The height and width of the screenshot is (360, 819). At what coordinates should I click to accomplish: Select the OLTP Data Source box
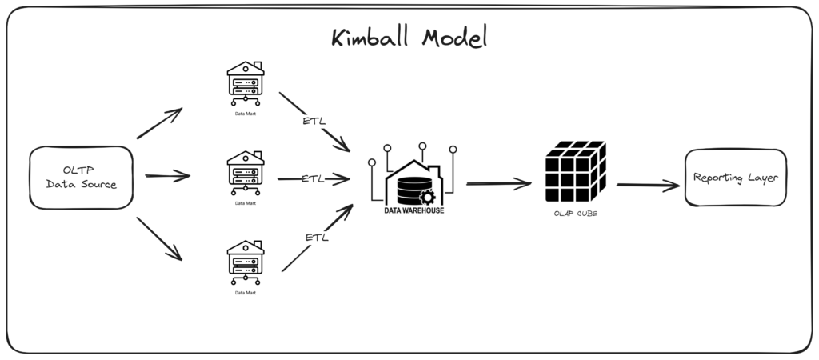click(x=81, y=177)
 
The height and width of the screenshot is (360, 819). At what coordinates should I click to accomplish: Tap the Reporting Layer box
click(x=735, y=178)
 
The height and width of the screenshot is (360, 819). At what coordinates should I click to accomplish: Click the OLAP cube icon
click(x=574, y=172)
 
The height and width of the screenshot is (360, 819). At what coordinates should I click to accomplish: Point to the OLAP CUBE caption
click(x=574, y=214)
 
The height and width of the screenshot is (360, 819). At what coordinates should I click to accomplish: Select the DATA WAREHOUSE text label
click(x=413, y=211)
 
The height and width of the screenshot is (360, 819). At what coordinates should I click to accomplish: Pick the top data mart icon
click(x=246, y=82)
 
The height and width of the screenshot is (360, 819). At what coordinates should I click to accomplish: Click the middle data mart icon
click(x=246, y=171)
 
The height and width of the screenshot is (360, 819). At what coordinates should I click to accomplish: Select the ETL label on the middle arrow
click(x=314, y=178)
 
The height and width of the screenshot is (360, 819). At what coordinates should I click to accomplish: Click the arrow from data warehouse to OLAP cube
click(x=498, y=184)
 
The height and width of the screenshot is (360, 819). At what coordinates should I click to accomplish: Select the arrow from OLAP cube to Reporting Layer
click(x=648, y=186)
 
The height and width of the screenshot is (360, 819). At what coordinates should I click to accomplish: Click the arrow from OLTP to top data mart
click(x=160, y=124)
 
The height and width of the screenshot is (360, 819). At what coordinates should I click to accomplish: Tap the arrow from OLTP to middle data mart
click(x=167, y=176)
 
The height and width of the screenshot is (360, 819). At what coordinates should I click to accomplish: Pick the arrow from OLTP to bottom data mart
click(x=159, y=238)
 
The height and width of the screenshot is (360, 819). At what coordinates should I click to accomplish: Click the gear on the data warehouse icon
click(x=427, y=197)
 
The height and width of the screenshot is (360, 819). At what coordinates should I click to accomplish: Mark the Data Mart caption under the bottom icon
click(x=246, y=293)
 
